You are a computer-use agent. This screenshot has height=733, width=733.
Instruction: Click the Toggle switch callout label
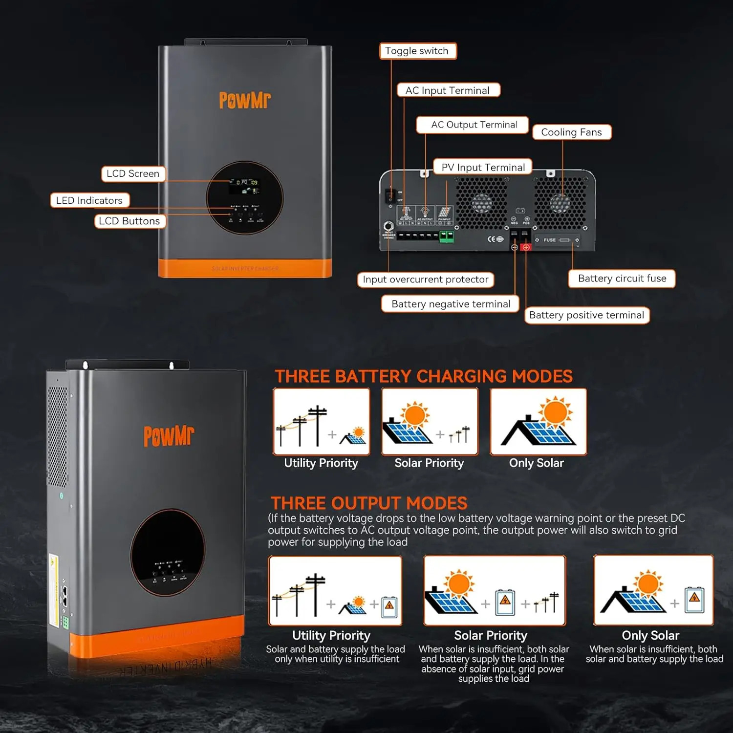(x=418, y=51)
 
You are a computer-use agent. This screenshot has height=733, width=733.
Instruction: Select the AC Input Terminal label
(x=448, y=90)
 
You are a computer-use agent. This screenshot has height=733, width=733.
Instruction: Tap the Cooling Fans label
(x=571, y=132)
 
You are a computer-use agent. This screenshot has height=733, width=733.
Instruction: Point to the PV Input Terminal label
(x=483, y=168)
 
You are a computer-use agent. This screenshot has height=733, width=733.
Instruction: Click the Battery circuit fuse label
(x=622, y=279)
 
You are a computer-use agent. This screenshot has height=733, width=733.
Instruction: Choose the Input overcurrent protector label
(x=425, y=280)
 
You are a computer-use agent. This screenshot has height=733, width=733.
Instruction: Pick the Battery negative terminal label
(x=450, y=304)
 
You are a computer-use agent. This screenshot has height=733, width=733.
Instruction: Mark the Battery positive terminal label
(x=586, y=315)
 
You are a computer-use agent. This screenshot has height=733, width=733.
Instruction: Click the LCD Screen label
(x=133, y=174)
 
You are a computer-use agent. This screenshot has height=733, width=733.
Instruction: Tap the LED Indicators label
(x=89, y=200)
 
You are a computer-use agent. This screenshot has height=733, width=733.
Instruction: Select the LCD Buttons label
(x=129, y=221)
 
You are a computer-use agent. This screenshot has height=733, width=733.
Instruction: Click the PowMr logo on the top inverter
(x=245, y=100)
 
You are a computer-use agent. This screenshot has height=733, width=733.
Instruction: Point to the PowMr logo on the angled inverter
(x=169, y=436)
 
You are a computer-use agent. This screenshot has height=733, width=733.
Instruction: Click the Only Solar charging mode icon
(x=538, y=422)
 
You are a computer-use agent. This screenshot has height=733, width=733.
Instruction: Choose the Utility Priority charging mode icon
(x=321, y=422)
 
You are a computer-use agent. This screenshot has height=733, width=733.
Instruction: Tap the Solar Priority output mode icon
(x=494, y=590)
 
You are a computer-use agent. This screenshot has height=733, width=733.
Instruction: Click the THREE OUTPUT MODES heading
(x=369, y=503)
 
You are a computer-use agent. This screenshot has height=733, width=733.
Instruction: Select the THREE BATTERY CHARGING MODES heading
(x=423, y=376)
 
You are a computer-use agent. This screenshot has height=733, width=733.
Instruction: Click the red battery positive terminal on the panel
(x=526, y=247)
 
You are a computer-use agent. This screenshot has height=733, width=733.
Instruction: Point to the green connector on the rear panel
(x=446, y=237)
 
